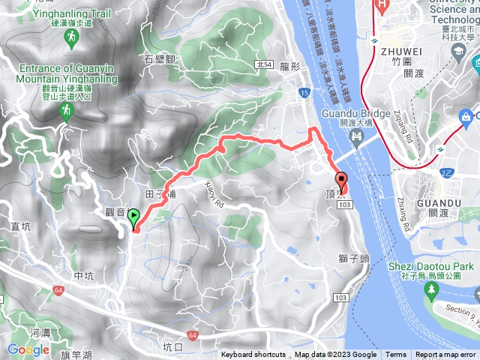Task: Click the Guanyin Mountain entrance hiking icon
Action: click(x=67, y=111)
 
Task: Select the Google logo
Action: click(x=28, y=349)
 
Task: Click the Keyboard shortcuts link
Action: click(x=253, y=355)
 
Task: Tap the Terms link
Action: click(x=396, y=355)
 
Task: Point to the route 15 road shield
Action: click(x=303, y=92)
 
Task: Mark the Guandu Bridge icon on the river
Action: click(x=355, y=136)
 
